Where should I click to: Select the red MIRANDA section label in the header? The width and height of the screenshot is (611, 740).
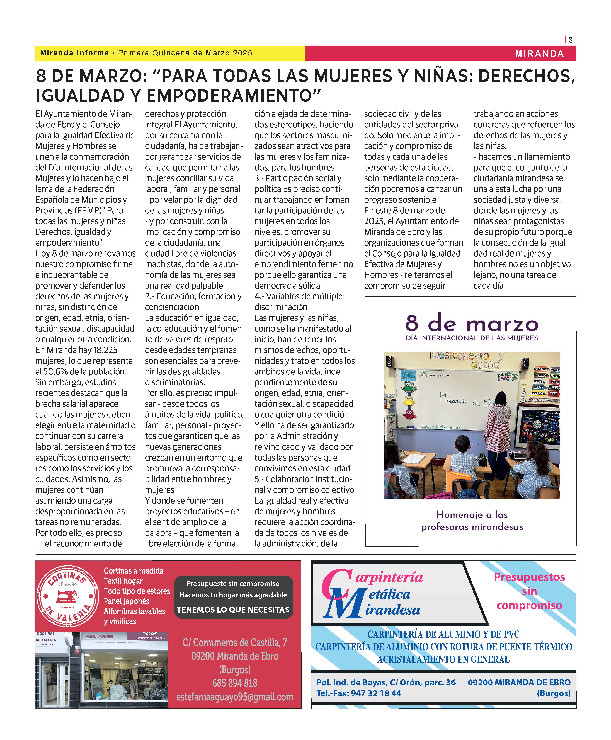click(x=539, y=54)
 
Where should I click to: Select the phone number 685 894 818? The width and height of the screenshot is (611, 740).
click(x=235, y=683)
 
